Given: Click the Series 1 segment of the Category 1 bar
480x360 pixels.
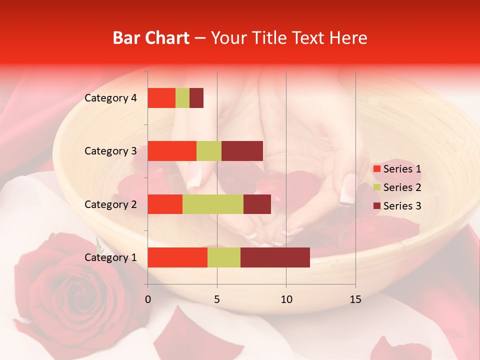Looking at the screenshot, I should pyautogui.click(x=177, y=257).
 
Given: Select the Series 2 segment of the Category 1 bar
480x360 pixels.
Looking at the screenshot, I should pyautogui.click(x=224, y=257).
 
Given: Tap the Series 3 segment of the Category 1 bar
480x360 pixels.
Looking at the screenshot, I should pyautogui.click(x=275, y=257).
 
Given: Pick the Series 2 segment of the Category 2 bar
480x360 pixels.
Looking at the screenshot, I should pyautogui.click(x=213, y=204).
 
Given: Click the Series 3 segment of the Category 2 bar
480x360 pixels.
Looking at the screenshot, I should pyautogui.click(x=257, y=204).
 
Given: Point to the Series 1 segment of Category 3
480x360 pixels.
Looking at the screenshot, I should pyautogui.click(x=172, y=151).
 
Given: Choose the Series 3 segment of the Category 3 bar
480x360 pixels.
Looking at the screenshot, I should pyautogui.click(x=242, y=151).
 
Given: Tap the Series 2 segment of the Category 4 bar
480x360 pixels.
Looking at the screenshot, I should pyautogui.click(x=182, y=98).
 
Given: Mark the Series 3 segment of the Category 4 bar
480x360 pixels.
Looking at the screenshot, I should pyautogui.click(x=196, y=98).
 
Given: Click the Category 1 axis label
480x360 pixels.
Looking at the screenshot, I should pyautogui.click(x=110, y=257).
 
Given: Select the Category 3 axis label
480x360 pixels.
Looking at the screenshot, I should pyautogui.click(x=110, y=151).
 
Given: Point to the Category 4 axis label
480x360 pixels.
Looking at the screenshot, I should pyautogui.click(x=110, y=98).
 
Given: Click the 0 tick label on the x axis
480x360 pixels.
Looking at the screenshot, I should pyautogui.click(x=148, y=299).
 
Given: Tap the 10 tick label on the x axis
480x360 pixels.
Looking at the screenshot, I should pyautogui.click(x=286, y=299).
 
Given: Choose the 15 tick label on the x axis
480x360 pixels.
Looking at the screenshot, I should pyautogui.click(x=355, y=299).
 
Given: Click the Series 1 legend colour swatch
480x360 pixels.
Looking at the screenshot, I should pyautogui.click(x=376, y=169).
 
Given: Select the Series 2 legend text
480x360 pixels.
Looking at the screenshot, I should pyautogui.click(x=402, y=187).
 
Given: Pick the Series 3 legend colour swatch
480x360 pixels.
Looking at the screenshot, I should pyautogui.click(x=376, y=206).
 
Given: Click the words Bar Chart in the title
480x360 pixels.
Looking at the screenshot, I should pyautogui.click(x=151, y=38).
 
